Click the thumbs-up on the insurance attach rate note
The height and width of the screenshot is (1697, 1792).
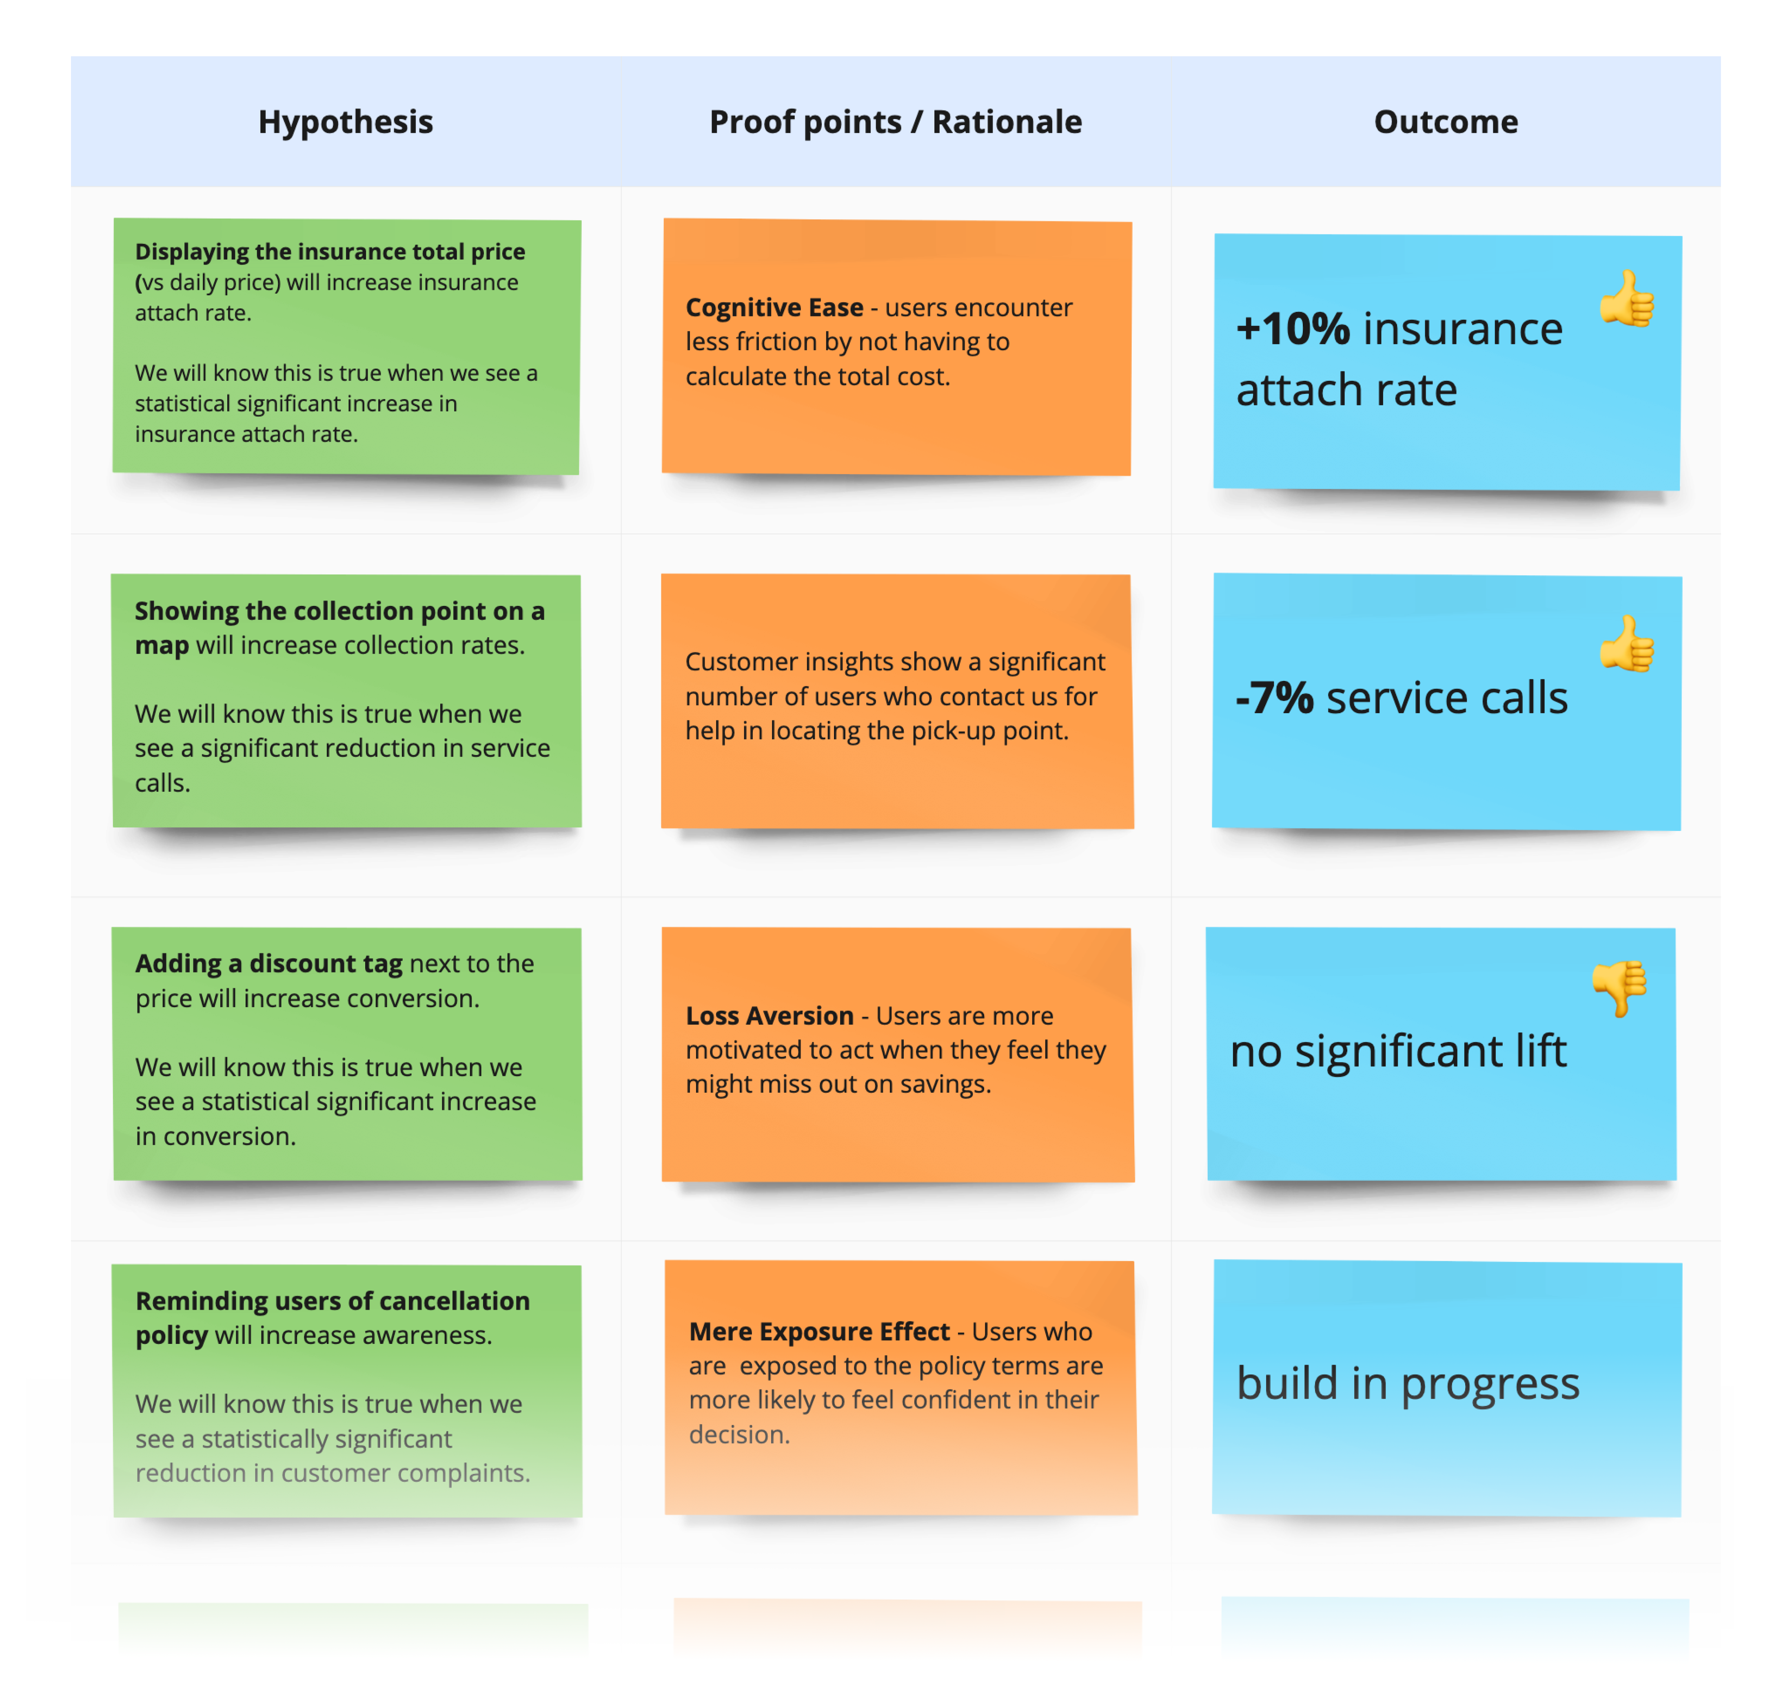(x=1626, y=298)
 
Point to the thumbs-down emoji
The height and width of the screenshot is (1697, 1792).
(x=1620, y=988)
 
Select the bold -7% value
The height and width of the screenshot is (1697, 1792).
(x=1274, y=698)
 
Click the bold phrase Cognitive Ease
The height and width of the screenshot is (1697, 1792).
(x=774, y=307)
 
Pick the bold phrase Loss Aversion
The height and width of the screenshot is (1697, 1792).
(x=769, y=1016)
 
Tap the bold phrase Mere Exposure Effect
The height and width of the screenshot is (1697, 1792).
(x=819, y=1332)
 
